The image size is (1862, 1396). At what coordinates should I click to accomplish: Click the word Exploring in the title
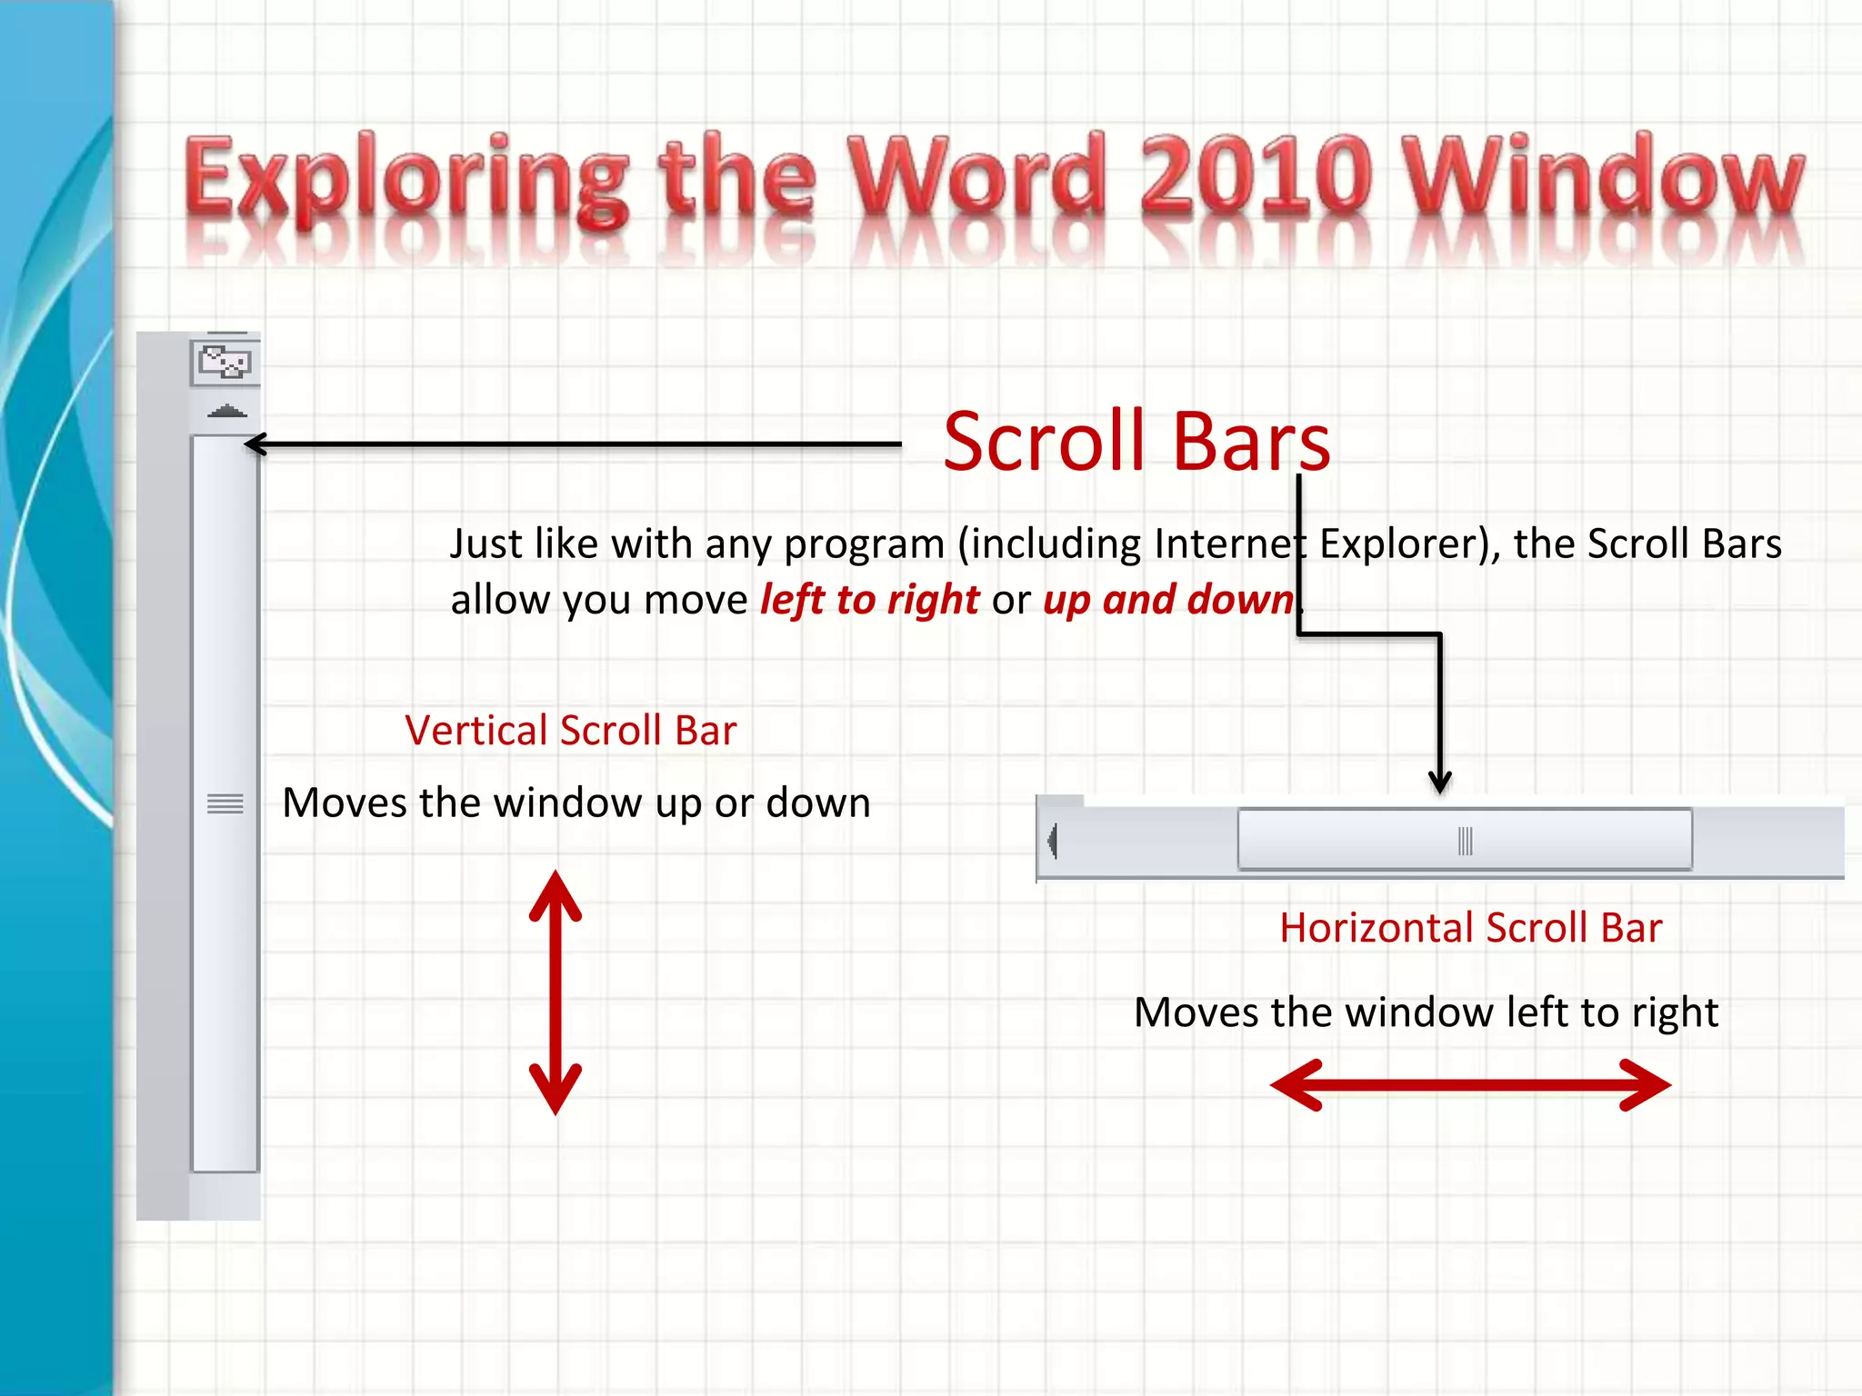[x=405, y=177]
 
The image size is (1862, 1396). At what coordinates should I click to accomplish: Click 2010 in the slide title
[x=1256, y=173]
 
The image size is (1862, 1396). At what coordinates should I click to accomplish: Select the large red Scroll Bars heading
[x=1136, y=442]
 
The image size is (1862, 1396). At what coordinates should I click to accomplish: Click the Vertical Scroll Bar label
[x=570, y=731]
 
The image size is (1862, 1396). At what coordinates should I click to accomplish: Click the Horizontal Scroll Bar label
[x=1470, y=928]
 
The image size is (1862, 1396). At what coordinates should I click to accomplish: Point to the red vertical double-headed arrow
[x=556, y=992]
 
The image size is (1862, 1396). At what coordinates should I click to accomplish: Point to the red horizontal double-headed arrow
[x=1470, y=1084]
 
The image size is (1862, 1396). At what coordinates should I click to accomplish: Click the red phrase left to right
[x=869, y=600]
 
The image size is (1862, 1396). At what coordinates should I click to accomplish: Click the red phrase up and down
[x=1167, y=600]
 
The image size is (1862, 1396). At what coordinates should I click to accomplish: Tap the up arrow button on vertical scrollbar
[x=226, y=412]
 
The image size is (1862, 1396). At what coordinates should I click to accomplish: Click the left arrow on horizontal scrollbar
[x=1053, y=841]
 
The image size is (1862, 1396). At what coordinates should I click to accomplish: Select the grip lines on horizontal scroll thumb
[x=1465, y=841]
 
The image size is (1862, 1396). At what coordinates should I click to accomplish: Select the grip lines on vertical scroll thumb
[x=225, y=803]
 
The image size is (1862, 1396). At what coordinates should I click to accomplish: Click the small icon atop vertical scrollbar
[x=225, y=363]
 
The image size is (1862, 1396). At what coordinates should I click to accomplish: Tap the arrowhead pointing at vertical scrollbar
[x=254, y=444]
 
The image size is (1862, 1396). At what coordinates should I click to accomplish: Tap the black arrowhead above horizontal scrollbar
[x=1439, y=782]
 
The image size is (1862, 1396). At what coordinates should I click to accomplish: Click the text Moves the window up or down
[x=576, y=803]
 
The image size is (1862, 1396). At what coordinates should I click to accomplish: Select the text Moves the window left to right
[x=1426, y=1012]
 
